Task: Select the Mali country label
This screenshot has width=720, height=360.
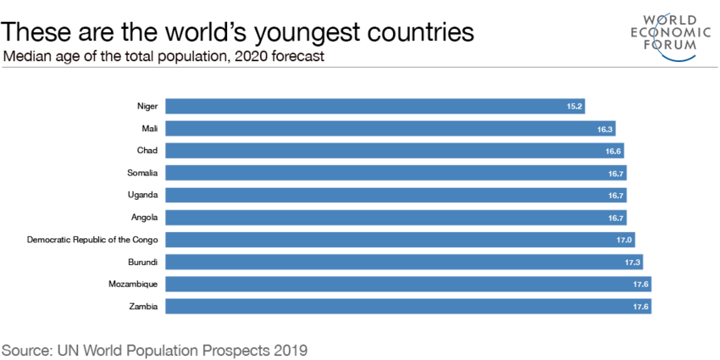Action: [150, 129]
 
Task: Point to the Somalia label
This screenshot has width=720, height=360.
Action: [142, 173]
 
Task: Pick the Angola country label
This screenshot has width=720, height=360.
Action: [145, 217]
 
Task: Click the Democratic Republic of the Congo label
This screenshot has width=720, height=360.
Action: [92, 239]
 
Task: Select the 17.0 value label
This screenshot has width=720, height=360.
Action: [624, 240]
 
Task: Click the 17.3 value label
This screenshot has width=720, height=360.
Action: [633, 262]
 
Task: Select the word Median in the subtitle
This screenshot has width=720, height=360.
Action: [27, 57]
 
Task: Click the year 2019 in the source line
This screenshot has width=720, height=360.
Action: [288, 348]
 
